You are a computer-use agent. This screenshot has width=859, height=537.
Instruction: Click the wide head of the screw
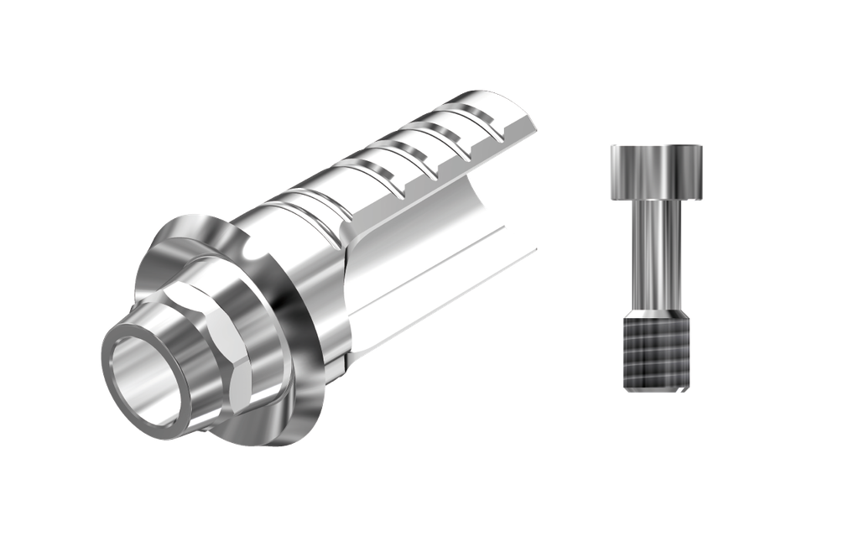pyautogui.click(x=656, y=172)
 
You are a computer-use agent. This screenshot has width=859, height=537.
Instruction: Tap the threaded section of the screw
pyautogui.click(x=656, y=352)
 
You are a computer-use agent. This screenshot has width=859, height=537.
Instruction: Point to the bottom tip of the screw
pyautogui.click(x=656, y=389)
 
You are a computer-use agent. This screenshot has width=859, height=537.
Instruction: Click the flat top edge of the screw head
pyautogui.click(x=656, y=147)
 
